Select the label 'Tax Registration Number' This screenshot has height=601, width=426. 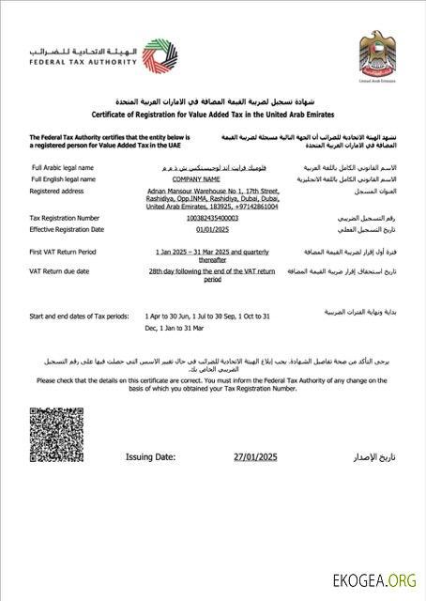coord(67,217)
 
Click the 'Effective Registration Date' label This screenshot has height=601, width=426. coord(67,228)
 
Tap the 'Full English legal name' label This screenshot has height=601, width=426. coord(66,177)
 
